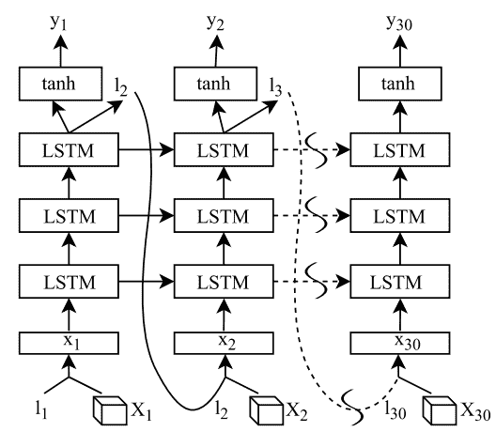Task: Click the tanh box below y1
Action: (60, 84)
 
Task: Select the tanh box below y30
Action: (400, 84)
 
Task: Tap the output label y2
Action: (215, 23)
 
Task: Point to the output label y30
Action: (399, 23)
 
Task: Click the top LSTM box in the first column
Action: (69, 149)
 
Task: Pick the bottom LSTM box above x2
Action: (224, 282)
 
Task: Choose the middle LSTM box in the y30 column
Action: (400, 216)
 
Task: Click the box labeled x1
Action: (69, 343)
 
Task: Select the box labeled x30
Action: (400, 343)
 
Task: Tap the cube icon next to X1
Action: (110, 410)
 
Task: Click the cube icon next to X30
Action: (440, 410)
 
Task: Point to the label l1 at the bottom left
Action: (41, 409)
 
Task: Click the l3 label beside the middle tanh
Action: (275, 87)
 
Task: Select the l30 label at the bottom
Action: (395, 410)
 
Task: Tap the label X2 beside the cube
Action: (297, 411)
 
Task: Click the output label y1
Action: (59, 23)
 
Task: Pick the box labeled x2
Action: (224, 343)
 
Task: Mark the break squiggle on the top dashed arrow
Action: (316, 150)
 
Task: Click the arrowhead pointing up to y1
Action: (60, 41)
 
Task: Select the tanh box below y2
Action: (215, 84)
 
